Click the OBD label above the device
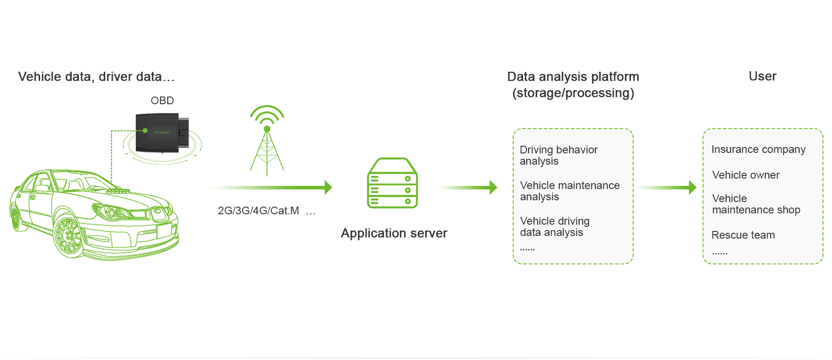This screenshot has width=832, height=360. click(162, 101)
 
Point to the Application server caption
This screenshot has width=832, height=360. click(394, 233)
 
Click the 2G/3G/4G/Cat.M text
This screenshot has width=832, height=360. click(258, 211)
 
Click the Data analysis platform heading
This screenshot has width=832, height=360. click(573, 84)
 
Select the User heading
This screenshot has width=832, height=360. click(762, 76)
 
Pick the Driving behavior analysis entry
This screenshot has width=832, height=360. click(558, 155)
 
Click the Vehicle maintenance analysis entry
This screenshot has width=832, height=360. click(570, 191)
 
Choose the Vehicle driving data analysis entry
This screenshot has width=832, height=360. click(555, 226)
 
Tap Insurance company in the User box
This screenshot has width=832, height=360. click(758, 149)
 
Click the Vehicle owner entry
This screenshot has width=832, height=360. click(745, 175)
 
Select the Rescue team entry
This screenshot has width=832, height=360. click(743, 235)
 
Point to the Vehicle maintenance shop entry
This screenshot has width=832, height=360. click(756, 204)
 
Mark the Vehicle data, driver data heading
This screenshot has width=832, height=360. click(96, 77)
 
